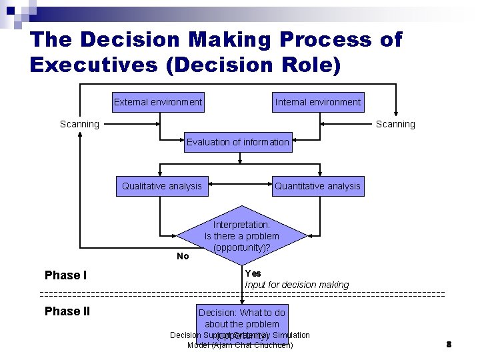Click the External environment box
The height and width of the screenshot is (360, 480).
(x=158, y=102)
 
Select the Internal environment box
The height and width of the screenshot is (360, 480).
(x=318, y=102)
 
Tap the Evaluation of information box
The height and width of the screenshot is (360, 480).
(x=238, y=142)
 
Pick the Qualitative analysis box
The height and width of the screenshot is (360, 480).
(x=161, y=186)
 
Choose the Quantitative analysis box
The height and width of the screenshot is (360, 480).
(x=317, y=186)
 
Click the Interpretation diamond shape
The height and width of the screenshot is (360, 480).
(x=241, y=236)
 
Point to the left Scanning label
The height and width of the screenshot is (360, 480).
(x=79, y=124)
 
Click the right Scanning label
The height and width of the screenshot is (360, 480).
(x=395, y=124)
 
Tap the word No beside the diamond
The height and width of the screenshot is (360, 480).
(x=183, y=256)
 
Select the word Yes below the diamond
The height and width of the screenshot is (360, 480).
(x=253, y=273)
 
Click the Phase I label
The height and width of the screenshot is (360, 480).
(x=66, y=275)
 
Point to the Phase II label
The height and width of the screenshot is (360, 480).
(x=67, y=311)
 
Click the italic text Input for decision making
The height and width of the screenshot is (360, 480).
(x=297, y=285)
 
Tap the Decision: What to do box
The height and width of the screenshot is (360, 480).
(x=241, y=318)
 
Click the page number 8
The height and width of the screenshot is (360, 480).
(x=449, y=345)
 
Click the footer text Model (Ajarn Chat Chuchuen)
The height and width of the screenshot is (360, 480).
(x=240, y=345)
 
